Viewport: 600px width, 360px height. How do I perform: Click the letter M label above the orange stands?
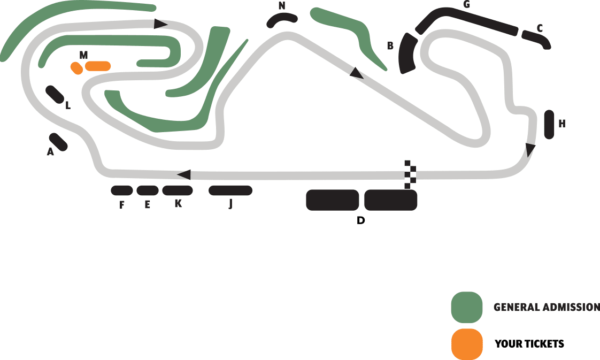[83, 55]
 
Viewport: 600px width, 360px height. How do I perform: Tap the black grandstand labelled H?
[549, 124]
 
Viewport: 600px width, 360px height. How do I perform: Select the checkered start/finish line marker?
[410, 174]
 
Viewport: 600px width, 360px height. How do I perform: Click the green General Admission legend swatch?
[466, 308]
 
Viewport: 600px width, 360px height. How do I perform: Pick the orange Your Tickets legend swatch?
[466, 344]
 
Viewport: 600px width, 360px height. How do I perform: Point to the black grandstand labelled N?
[282, 20]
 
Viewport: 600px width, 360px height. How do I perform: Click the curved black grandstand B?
[408, 53]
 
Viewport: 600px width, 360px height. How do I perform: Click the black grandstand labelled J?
[230, 190]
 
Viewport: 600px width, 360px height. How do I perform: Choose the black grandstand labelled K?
[177, 190]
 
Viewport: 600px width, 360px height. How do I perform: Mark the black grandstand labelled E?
[148, 190]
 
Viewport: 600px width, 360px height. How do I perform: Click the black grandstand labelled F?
[121, 190]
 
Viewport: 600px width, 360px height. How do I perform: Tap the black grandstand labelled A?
[58, 142]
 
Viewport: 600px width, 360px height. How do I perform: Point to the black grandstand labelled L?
[55, 94]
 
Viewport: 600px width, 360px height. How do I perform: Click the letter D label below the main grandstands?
[361, 220]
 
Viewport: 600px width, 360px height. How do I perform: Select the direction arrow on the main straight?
[184, 174]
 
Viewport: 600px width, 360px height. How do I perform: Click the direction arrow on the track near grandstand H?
[529, 149]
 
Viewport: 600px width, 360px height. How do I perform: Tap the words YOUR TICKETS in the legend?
[529, 344]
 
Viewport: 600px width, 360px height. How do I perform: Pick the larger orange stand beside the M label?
[98, 66]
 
